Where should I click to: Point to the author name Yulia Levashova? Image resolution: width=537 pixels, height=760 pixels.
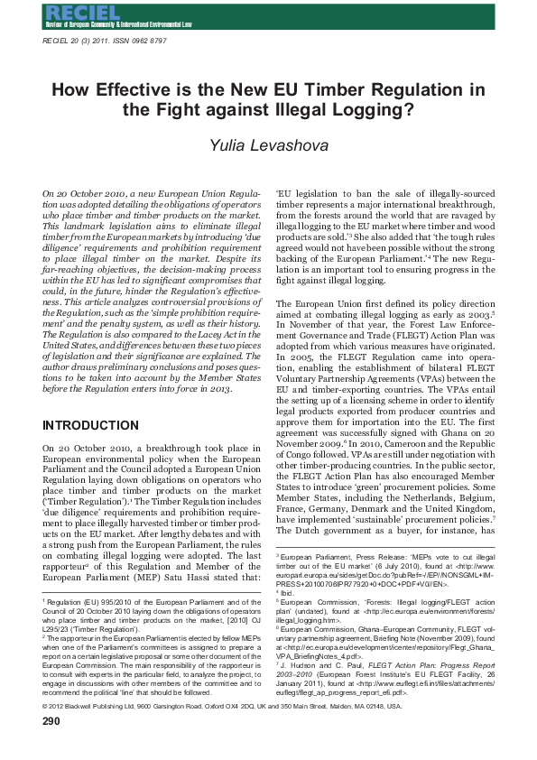268,146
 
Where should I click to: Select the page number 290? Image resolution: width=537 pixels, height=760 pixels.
51,746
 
